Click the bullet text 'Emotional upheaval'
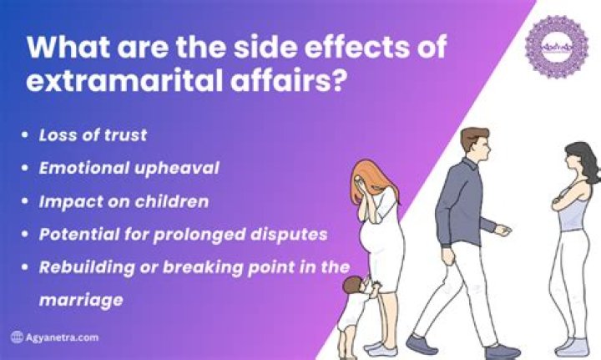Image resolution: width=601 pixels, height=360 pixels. click(129, 168)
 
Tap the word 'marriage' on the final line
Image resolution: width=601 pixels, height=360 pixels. click(81, 299)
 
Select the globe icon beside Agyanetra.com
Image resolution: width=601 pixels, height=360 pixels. click(16, 337)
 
